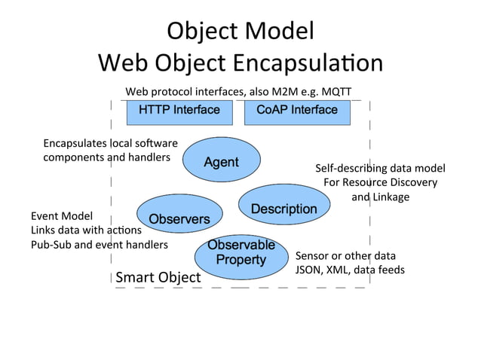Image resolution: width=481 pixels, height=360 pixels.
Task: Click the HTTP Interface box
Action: coord(179,111)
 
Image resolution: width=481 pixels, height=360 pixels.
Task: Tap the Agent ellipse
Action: coord(222,162)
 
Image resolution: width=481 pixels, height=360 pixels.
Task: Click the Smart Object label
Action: coord(158,278)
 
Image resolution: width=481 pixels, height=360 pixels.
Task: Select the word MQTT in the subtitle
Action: coord(335,92)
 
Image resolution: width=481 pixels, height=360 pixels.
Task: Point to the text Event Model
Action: coord(62,215)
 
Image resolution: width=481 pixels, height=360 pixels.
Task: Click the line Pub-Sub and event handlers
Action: coord(100,245)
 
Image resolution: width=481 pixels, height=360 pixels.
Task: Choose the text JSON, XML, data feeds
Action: coord(350,270)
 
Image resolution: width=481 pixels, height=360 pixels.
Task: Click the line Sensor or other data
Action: coord(345,255)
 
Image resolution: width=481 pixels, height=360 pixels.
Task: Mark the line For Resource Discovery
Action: coord(380,182)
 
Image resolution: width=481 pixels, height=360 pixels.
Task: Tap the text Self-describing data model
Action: coord(380,168)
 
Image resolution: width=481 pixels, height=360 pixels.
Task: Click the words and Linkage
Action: coord(380,197)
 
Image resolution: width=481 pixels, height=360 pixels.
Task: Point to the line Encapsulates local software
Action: coord(110,143)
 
